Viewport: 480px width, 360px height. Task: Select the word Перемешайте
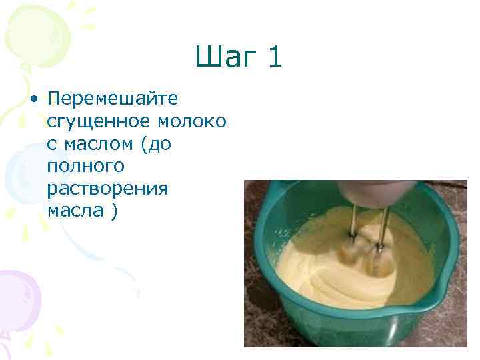pyautogui.click(x=113, y=99)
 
